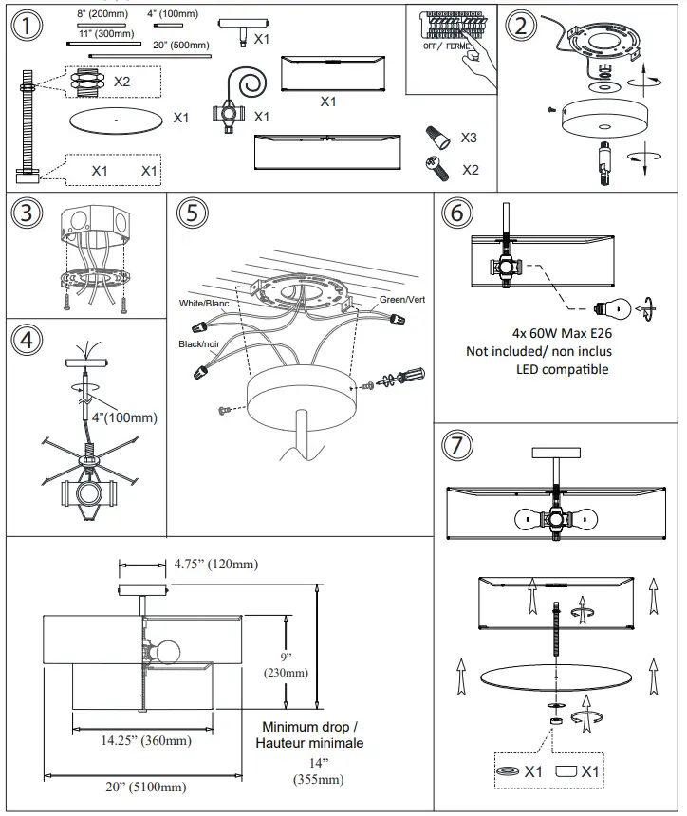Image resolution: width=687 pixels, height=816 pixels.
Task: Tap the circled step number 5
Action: click(x=193, y=213)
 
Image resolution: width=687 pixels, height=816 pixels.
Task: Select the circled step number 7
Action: click(x=457, y=446)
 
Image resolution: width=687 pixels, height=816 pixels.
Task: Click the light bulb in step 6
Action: click(x=611, y=307)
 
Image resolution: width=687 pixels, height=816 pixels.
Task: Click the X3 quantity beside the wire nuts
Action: click(x=469, y=138)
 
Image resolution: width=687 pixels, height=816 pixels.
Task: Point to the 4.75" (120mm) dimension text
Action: click(x=214, y=565)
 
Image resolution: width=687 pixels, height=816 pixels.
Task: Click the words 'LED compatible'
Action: click(x=563, y=368)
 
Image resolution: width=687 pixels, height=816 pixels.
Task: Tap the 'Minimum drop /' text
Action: click(x=310, y=727)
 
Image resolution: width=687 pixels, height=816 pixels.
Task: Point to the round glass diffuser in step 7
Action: click(x=555, y=677)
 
